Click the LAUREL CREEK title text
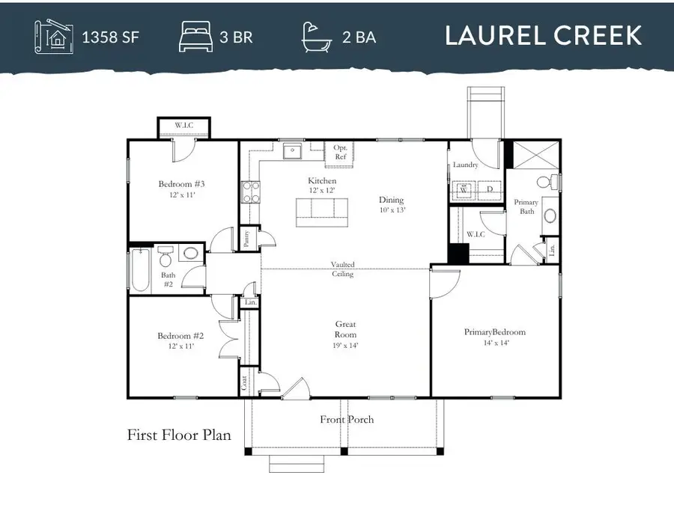click(x=543, y=35)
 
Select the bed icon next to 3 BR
click(x=196, y=36)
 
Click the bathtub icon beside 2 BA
click(x=317, y=36)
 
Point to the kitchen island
click(x=322, y=212)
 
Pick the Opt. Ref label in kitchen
click(x=340, y=153)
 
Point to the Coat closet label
click(x=245, y=382)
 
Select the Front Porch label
click(x=347, y=420)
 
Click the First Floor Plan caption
click(x=179, y=435)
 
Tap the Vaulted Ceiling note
click(x=344, y=269)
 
